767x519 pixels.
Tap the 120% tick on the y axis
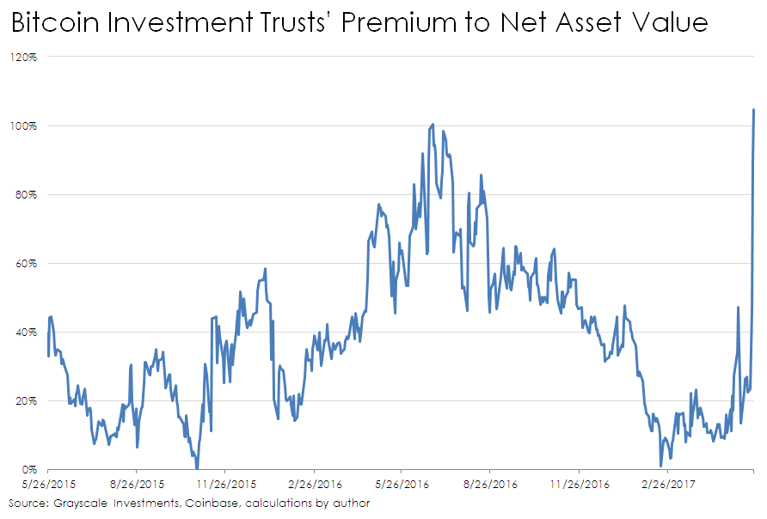24,58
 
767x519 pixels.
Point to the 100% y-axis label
24,126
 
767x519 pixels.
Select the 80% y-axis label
27,195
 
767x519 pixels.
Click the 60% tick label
27,264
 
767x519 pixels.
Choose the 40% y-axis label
27,333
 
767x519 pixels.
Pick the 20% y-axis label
27,401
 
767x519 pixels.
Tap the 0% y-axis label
29,470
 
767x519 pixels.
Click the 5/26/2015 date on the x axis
48,485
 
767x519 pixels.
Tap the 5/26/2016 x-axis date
402,485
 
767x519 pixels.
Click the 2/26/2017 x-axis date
666,485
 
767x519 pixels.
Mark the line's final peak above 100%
754,110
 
